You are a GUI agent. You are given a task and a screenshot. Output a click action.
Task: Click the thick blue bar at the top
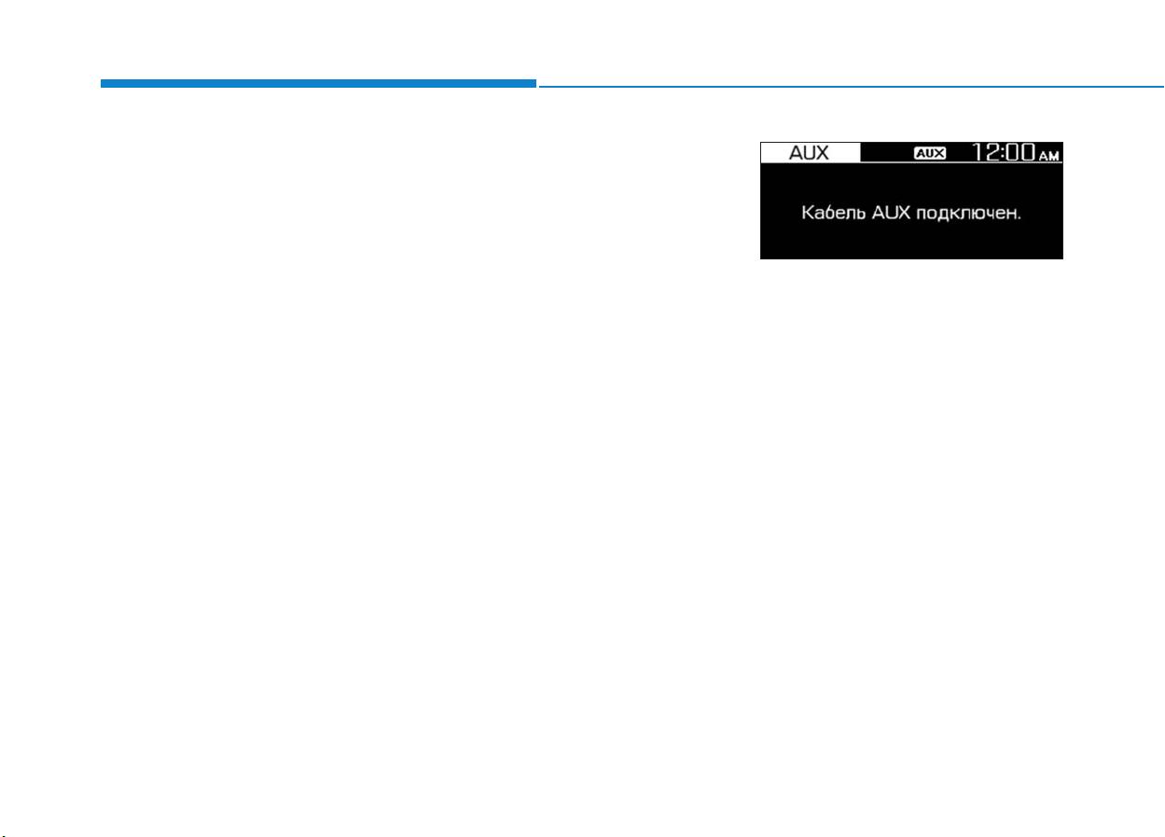coord(318,83)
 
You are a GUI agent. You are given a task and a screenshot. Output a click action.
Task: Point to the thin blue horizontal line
coord(852,87)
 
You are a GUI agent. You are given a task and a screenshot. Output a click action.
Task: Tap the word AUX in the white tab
coord(809,153)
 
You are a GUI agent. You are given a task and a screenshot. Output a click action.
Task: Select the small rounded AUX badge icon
coord(930,153)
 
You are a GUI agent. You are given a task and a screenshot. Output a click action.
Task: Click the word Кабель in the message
coord(834,213)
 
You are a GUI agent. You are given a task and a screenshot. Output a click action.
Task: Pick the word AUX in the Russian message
coord(891,213)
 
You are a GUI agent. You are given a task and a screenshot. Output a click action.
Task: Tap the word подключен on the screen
coord(965,214)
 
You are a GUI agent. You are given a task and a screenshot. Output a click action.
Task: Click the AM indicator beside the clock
coord(1049,156)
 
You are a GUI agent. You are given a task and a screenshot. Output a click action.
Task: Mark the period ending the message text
coord(1019,219)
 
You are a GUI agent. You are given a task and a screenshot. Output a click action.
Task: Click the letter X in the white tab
coord(823,153)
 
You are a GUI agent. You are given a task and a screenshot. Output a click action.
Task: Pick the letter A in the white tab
coord(796,153)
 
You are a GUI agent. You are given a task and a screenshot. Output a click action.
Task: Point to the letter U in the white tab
coord(809,153)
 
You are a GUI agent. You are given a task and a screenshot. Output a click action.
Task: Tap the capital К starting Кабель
coord(807,213)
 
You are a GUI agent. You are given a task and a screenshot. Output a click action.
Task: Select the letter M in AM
coord(1054,156)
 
